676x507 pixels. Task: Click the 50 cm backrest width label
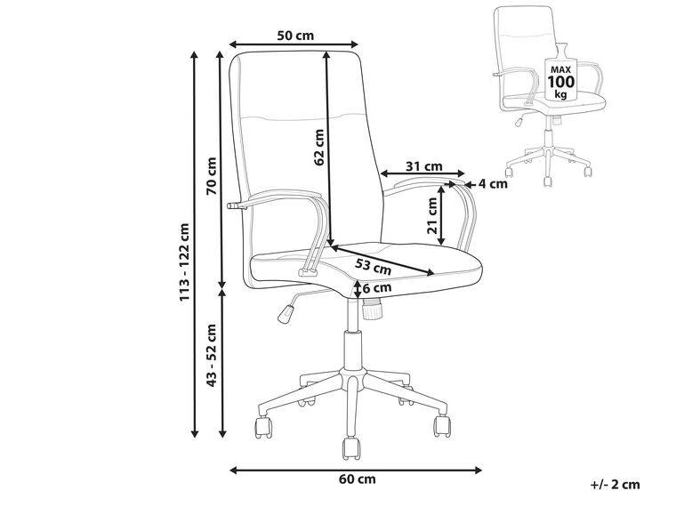[x=295, y=36]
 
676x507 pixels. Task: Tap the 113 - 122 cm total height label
[x=184, y=262]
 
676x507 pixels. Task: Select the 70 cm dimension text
[x=212, y=176]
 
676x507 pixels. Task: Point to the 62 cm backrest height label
[x=319, y=148]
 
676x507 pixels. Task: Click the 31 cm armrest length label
[x=424, y=166]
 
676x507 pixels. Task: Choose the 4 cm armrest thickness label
[x=493, y=184]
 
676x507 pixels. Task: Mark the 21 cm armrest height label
[x=432, y=215]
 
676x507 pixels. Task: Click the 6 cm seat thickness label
[x=377, y=287]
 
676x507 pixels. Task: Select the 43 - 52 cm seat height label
[x=212, y=355]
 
